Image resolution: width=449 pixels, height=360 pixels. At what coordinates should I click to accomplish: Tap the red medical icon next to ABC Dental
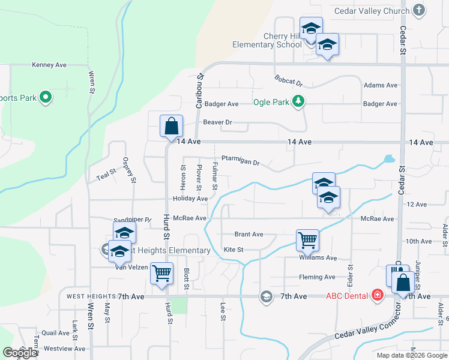coord(377,295)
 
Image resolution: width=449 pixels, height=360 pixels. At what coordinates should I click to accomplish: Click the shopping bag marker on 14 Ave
coord(171,126)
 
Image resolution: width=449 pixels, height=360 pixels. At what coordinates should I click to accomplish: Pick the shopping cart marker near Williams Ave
coord(307,240)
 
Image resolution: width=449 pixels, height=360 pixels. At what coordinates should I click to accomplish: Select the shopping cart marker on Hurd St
coord(161,274)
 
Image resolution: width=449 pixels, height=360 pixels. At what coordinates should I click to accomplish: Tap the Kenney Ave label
coord(49,65)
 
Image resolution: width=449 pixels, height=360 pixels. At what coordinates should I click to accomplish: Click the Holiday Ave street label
coord(190,199)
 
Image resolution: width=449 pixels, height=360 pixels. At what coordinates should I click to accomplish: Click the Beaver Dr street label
coord(217,122)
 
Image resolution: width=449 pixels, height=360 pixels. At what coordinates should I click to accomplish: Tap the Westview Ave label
coord(64,349)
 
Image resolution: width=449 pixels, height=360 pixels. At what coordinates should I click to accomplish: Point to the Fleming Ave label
coord(318,277)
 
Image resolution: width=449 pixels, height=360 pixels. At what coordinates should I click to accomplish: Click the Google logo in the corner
coord(19,353)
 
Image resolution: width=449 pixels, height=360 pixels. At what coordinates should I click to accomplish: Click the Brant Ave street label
coord(249,235)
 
